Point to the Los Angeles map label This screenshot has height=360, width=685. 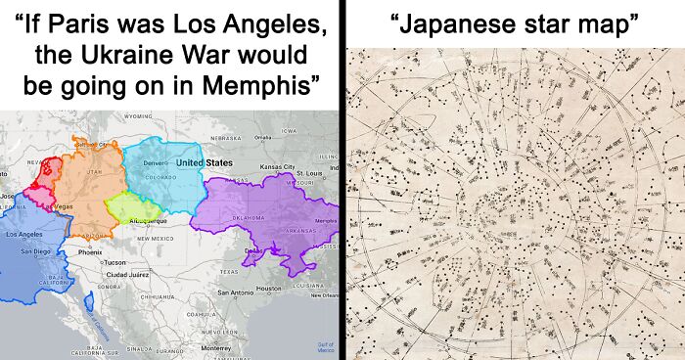tap(24, 236)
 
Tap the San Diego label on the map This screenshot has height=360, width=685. tap(35, 252)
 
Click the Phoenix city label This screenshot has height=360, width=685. tap(90, 252)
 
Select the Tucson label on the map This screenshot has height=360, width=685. tap(114, 263)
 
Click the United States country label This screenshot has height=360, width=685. tap(204, 162)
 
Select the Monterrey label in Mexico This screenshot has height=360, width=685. tap(215, 347)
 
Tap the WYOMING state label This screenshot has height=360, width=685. tap(138, 116)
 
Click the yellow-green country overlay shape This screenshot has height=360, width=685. tap(131, 207)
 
